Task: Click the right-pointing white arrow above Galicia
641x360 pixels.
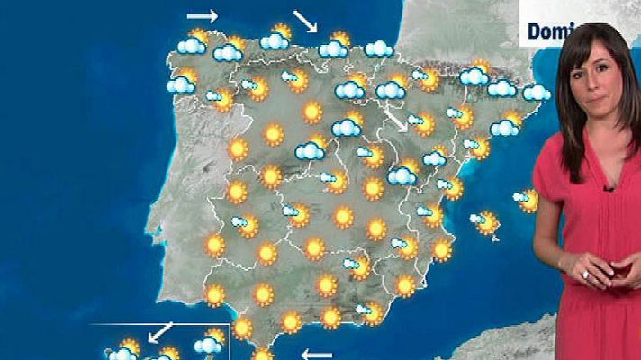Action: click(x=203, y=16)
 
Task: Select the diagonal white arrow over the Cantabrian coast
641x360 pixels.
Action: click(x=305, y=22)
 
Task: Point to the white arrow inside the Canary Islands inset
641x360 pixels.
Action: click(x=161, y=331)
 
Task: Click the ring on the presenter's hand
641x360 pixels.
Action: click(x=584, y=274)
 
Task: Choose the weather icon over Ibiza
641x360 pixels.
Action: click(x=486, y=220)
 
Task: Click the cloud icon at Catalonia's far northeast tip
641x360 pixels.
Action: click(x=536, y=92)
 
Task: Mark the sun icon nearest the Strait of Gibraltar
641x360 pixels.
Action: click(x=262, y=355)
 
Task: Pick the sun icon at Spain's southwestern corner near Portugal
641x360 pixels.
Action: click(x=215, y=293)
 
